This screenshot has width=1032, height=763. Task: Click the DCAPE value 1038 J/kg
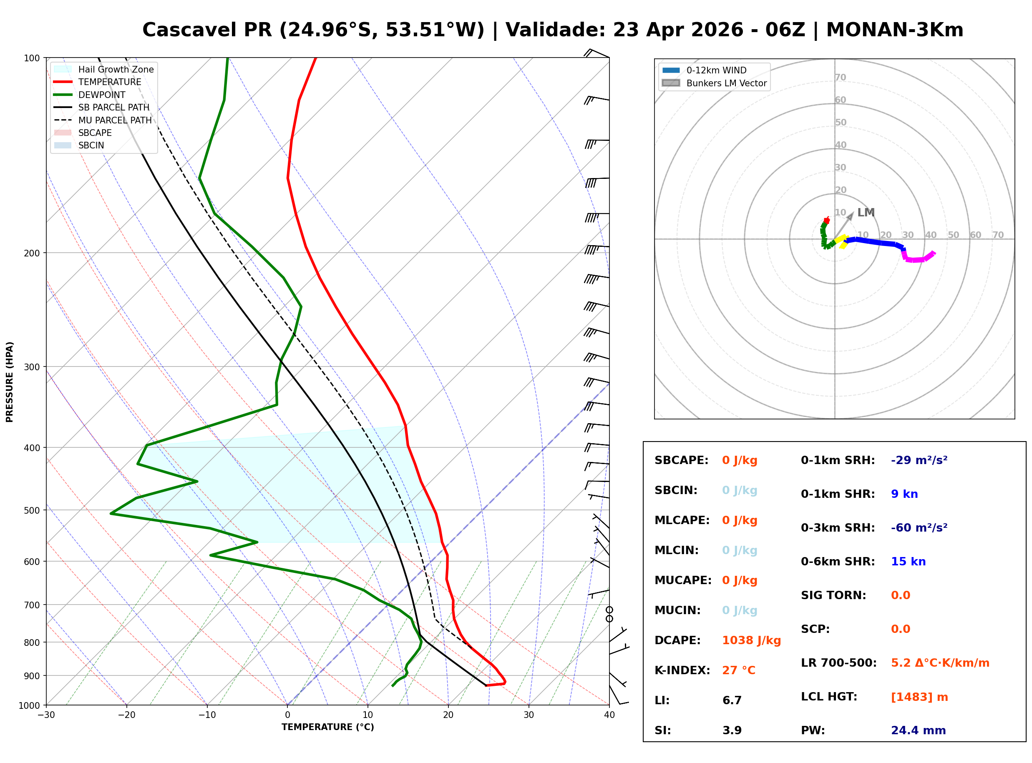pyautogui.click(x=751, y=640)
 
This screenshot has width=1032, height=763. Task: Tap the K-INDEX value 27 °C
pyautogui.click(x=739, y=670)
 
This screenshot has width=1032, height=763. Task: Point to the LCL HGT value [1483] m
pyautogui.click(x=919, y=697)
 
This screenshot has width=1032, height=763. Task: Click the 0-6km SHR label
pyautogui.click(x=838, y=562)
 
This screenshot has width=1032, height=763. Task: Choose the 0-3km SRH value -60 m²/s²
pyautogui.click(x=919, y=528)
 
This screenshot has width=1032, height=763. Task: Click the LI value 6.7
pyautogui.click(x=732, y=700)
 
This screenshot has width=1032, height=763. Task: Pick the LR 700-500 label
pyautogui.click(x=838, y=663)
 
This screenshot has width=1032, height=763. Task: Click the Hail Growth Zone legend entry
pyautogui.click(x=116, y=69)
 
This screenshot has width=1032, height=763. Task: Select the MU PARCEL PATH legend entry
pyautogui.click(x=115, y=120)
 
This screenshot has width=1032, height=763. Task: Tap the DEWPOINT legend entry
pyautogui.click(x=102, y=95)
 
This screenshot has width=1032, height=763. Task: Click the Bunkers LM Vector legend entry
pyautogui.click(x=726, y=83)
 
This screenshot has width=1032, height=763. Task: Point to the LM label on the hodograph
pyautogui.click(x=866, y=213)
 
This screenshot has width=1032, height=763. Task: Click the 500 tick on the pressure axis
pyautogui.click(x=31, y=510)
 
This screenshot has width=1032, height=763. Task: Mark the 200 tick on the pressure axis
pyautogui.click(x=31, y=253)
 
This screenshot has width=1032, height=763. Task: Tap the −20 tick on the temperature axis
pyautogui.click(x=126, y=715)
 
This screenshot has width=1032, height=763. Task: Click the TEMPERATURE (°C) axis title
pyautogui.click(x=327, y=728)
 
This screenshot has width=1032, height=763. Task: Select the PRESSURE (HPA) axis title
pyautogui.click(x=9, y=382)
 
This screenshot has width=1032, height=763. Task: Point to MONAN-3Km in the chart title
pyautogui.click(x=894, y=30)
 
